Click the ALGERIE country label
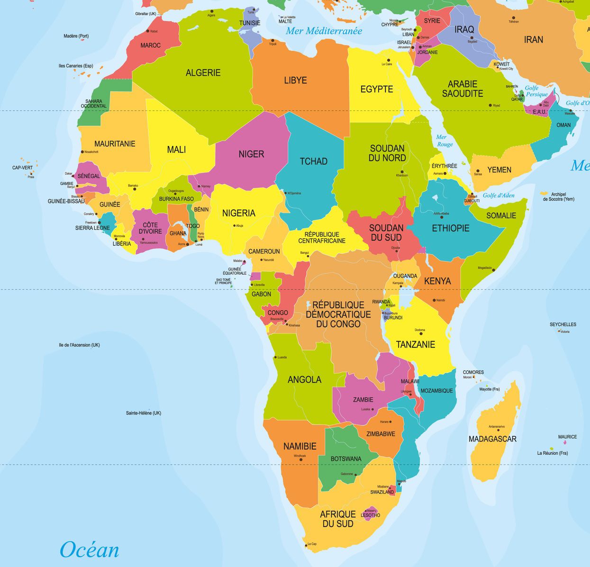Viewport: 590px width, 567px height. (203, 72)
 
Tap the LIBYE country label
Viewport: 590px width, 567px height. (295, 80)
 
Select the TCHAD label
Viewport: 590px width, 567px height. (313, 162)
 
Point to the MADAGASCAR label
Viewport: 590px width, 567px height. (492, 439)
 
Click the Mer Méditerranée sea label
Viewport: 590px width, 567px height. (324, 31)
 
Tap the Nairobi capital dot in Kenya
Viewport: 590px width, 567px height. (434, 300)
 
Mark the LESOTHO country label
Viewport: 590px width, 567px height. (371, 515)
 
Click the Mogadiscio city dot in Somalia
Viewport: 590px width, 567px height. (494, 270)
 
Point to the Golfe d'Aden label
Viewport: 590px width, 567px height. (499, 195)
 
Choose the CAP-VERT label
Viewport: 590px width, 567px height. (22, 168)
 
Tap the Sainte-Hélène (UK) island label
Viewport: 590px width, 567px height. (143, 413)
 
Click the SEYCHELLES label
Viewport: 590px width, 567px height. (563, 324)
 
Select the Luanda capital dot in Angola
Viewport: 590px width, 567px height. (275, 357)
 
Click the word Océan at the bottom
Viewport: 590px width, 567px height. (89, 550)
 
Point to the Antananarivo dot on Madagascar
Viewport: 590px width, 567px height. (498, 430)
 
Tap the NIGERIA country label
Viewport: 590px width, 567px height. (239, 213)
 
